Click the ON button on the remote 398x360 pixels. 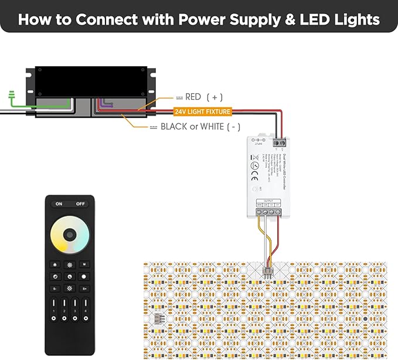[59, 204]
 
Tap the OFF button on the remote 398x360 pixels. [81, 204]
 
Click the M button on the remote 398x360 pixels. [84, 264]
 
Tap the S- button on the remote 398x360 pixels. [55, 288]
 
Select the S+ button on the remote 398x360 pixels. [84, 288]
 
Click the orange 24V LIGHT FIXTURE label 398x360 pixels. [202, 111]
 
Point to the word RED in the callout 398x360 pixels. [193, 97]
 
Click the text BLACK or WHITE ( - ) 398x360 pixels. [200, 127]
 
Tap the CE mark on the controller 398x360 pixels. [254, 165]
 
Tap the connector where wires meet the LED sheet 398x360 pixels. [266, 273]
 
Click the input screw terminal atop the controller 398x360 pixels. [279, 141]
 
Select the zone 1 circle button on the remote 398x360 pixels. [54, 318]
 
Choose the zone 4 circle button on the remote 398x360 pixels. [86, 318]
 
